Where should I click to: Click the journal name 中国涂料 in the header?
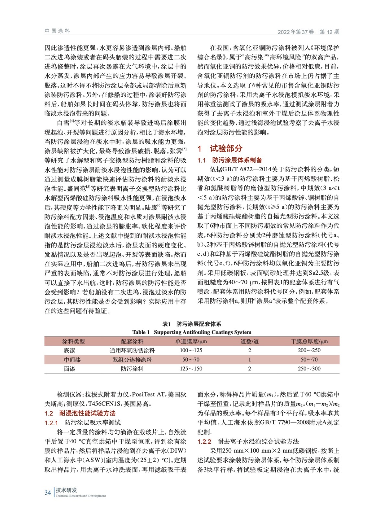click(x=57, y=31)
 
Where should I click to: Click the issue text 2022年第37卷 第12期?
click(x=308, y=32)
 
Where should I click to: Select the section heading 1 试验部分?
click(x=220, y=149)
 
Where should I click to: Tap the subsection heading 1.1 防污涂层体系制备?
click(x=230, y=160)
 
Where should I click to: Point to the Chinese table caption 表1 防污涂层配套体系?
click(x=192, y=324)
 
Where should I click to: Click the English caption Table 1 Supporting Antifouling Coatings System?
click(x=192, y=332)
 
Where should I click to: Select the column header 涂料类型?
click(x=73, y=342)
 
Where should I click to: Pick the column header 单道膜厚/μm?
click(x=191, y=342)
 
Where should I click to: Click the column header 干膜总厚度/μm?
click(x=309, y=342)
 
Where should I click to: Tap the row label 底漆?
click(x=69, y=351)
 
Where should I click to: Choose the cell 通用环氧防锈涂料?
click(x=132, y=351)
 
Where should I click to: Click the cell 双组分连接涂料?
click(x=132, y=360)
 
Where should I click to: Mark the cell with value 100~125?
click(x=191, y=351)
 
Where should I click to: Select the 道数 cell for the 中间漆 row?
click(x=249, y=360)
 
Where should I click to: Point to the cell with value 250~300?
click(x=309, y=369)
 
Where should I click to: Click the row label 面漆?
click(x=69, y=369)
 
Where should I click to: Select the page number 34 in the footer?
click(x=48, y=492)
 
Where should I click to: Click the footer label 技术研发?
click(x=66, y=490)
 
